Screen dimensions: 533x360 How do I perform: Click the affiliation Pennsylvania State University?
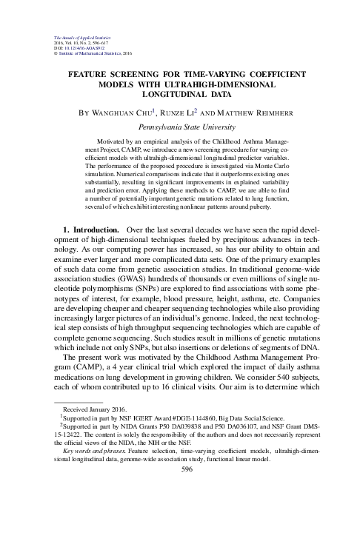click(x=180, y=127)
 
